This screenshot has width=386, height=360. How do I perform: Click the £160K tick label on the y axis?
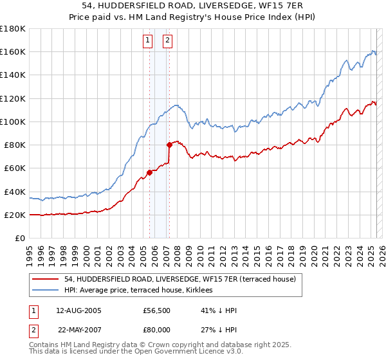point(13,51)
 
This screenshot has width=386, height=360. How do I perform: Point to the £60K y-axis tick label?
point(14,168)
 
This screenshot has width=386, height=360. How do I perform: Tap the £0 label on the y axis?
point(20,238)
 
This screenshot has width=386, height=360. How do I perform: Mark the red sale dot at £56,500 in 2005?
point(149,172)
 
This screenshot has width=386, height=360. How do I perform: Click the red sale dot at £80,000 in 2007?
point(169,145)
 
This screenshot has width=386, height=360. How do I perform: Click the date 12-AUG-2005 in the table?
point(78,310)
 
